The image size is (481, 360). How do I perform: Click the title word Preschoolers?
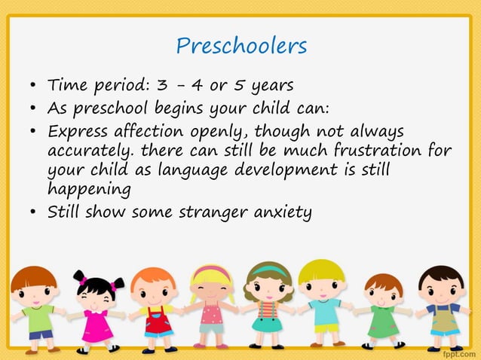tap(241, 46)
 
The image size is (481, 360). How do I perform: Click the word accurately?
tap(90, 150)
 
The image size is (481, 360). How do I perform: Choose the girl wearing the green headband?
tap(268, 305)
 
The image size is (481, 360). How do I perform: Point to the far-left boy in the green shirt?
tap(35, 309)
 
